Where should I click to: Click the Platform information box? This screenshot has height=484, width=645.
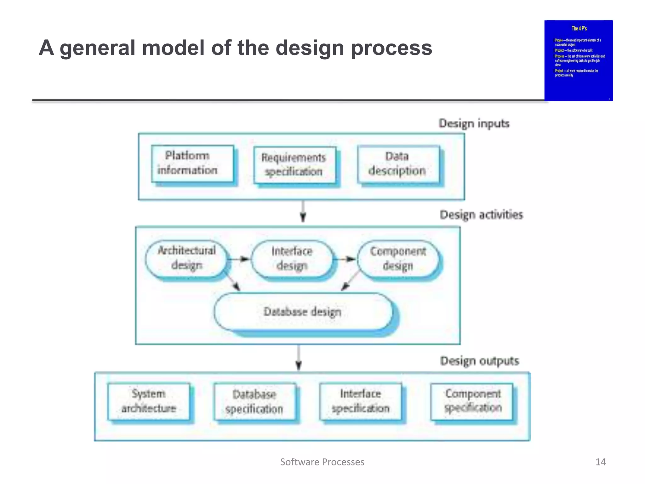[x=192, y=164]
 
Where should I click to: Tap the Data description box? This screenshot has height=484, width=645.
[x=398, y=164]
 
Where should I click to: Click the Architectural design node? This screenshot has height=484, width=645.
[x=186, y=258]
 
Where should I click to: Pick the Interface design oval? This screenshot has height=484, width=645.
[x=292, y=259]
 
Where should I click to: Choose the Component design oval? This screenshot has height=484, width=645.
[x=398, y=259]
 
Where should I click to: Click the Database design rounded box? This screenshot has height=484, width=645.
[x=303, y=312]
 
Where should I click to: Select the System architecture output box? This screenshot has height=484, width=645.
[x=149, y=401]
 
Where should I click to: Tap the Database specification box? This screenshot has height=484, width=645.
[x=254, y=402]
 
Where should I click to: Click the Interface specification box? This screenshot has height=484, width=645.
[x=361, y=401]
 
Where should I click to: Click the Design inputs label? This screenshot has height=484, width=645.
[x=474, y=124]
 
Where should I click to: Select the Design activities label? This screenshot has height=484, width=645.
[x=481, y=215]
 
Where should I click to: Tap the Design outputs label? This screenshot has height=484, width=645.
[x=479, y=361]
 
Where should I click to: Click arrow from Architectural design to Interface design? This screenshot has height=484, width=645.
[x=239, y=259]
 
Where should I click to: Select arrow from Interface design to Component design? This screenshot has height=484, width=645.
[x=345, y=259]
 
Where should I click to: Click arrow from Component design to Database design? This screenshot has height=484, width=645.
[x=350, y=280]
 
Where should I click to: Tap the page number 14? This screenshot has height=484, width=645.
[x=600, y=462]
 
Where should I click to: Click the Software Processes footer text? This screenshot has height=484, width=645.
[x=322, y=462]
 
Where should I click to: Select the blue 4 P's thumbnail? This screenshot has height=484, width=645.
[x=579, y=60]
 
